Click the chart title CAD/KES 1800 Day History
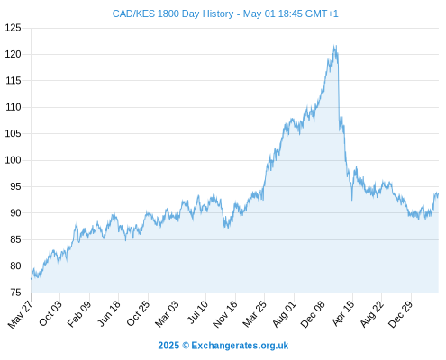pos(173,13)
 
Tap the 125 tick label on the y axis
pos(14,28)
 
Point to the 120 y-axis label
pos(14,54)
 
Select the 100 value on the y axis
pos(14,160)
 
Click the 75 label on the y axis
pos(15,292)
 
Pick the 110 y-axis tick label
pos(14,107)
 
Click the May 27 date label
pos(21,314)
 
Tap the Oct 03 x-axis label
pos(50,313)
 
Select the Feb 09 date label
pos(79,314)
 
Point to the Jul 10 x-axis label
pos(197,312)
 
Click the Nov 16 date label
pos(225,314)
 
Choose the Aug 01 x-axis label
pos(285,314)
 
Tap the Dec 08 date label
pos(313,314)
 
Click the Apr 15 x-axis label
pos(343,313)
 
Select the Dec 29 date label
pos(401,314)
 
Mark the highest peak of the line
pos(334,45)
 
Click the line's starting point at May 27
pos(32,279)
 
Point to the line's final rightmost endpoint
pos(439,193)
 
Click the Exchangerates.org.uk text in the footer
pos(240,346)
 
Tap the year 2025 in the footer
pos(168,346)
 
